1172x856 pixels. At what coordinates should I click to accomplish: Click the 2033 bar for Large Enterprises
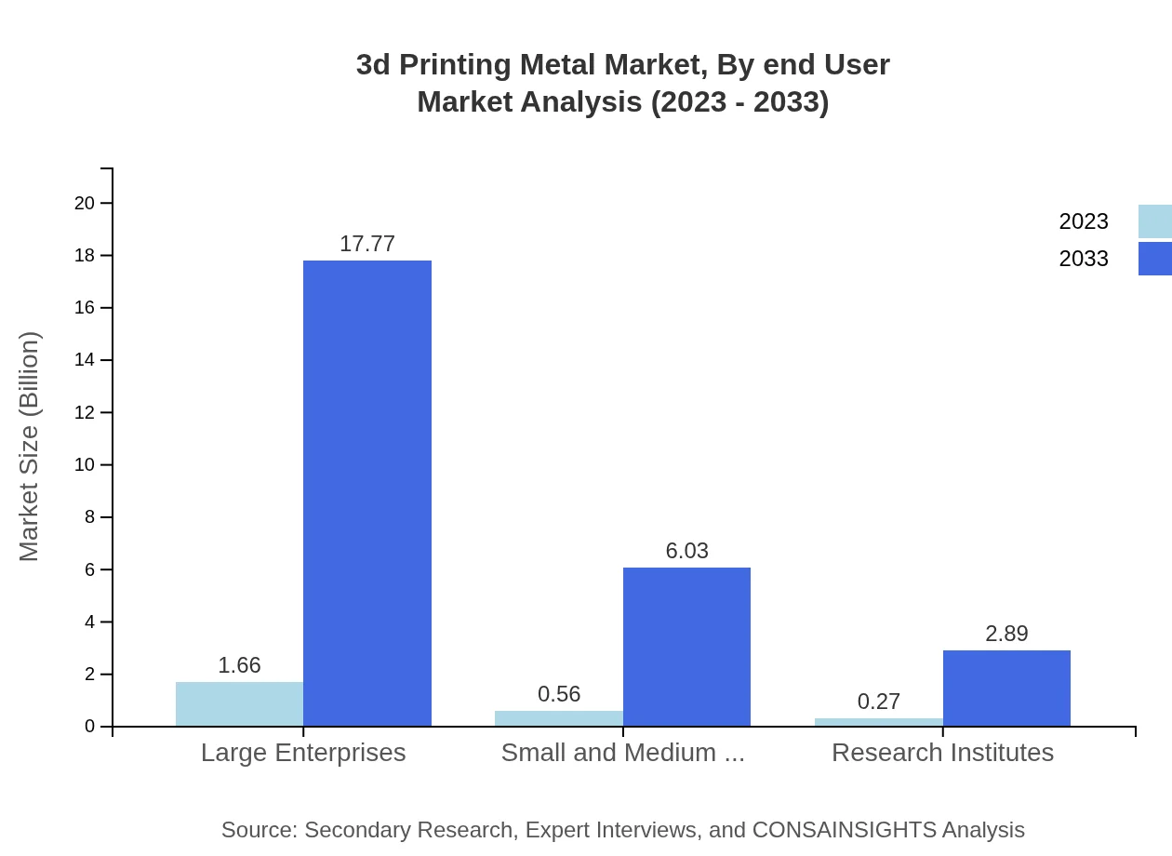[x=367, y=493]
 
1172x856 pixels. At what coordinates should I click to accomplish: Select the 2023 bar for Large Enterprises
[x=239, y=703]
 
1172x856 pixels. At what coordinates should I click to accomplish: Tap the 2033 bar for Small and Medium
[x=686, y=647]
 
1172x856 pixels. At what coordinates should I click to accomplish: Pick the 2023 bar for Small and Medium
[x=559, y=718]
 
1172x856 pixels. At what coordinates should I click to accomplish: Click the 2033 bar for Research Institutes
[x=1006, y=688]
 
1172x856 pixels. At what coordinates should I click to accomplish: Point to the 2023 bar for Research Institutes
[x=879, y=722]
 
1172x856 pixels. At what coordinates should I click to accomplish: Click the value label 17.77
[x=367, y=244]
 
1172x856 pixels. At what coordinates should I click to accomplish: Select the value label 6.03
[x=686, y=551]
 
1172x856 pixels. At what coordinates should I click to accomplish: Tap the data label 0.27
[x=879, y=702]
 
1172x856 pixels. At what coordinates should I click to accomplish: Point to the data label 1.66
[x=239, y=665]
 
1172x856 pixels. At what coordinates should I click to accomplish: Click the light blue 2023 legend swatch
[x=1154, y=221]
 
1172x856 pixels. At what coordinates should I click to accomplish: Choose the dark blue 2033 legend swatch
[x=1154, y=259]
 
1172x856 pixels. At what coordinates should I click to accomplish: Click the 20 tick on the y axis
[x=85, y=203]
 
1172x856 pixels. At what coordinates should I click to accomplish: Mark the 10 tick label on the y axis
[x=85, y=464]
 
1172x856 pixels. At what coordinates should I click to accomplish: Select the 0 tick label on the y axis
[x=90, y=726]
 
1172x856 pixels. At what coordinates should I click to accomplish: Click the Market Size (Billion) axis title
[x=29, y=447]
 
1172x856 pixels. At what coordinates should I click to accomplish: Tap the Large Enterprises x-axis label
[x=303, y=753]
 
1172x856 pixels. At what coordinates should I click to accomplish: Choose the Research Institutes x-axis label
[x=942, y=753]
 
